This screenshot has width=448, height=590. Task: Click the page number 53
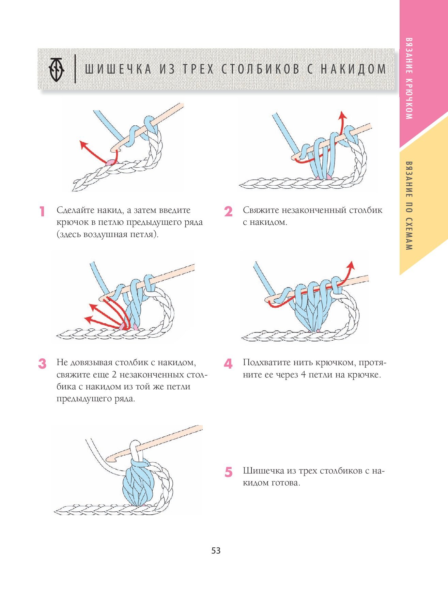pos(216,550)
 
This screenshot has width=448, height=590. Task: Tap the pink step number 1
pos(42,212)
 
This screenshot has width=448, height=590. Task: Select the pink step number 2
pos(228,212)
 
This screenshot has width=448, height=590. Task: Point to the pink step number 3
pos(42,364)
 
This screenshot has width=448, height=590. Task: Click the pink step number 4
pos(228,364)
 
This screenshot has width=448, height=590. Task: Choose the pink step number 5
pos(228,472)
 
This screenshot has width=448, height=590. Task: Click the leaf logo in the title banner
pos(57,69)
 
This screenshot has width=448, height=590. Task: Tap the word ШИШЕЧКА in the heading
pos(118,69)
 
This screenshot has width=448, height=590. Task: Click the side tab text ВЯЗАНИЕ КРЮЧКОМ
pos(409,78)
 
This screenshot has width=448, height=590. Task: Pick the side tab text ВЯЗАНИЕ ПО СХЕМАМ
pos(409,206)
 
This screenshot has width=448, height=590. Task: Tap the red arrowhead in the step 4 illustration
pos(351,265)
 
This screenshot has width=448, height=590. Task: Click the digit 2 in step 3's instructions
pos(114,375)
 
